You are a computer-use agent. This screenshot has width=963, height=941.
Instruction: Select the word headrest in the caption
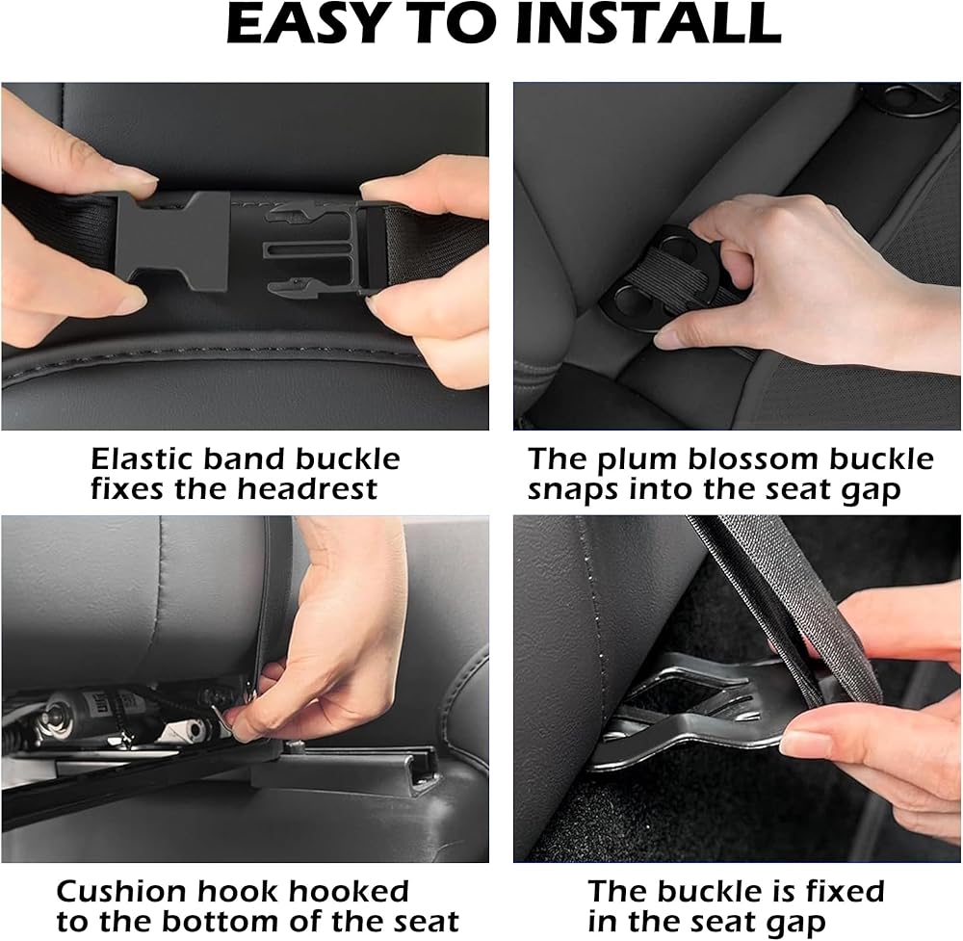click(x=306, y=489)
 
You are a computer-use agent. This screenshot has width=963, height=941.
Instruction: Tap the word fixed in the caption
click(x=846, y=891)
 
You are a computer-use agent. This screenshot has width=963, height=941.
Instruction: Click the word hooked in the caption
click(x=349, y=891)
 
